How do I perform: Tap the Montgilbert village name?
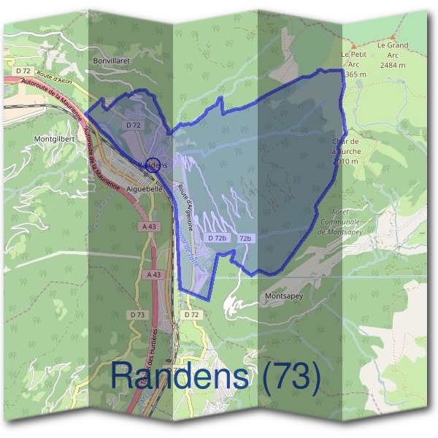55,137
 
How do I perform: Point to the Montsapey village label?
284,296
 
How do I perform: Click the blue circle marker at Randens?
153,164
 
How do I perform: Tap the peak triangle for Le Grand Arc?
393,36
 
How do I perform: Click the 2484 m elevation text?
393,64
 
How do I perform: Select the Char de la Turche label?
346,150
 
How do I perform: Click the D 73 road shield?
137,314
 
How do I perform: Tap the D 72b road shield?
217,238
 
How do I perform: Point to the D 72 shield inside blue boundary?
133,126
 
